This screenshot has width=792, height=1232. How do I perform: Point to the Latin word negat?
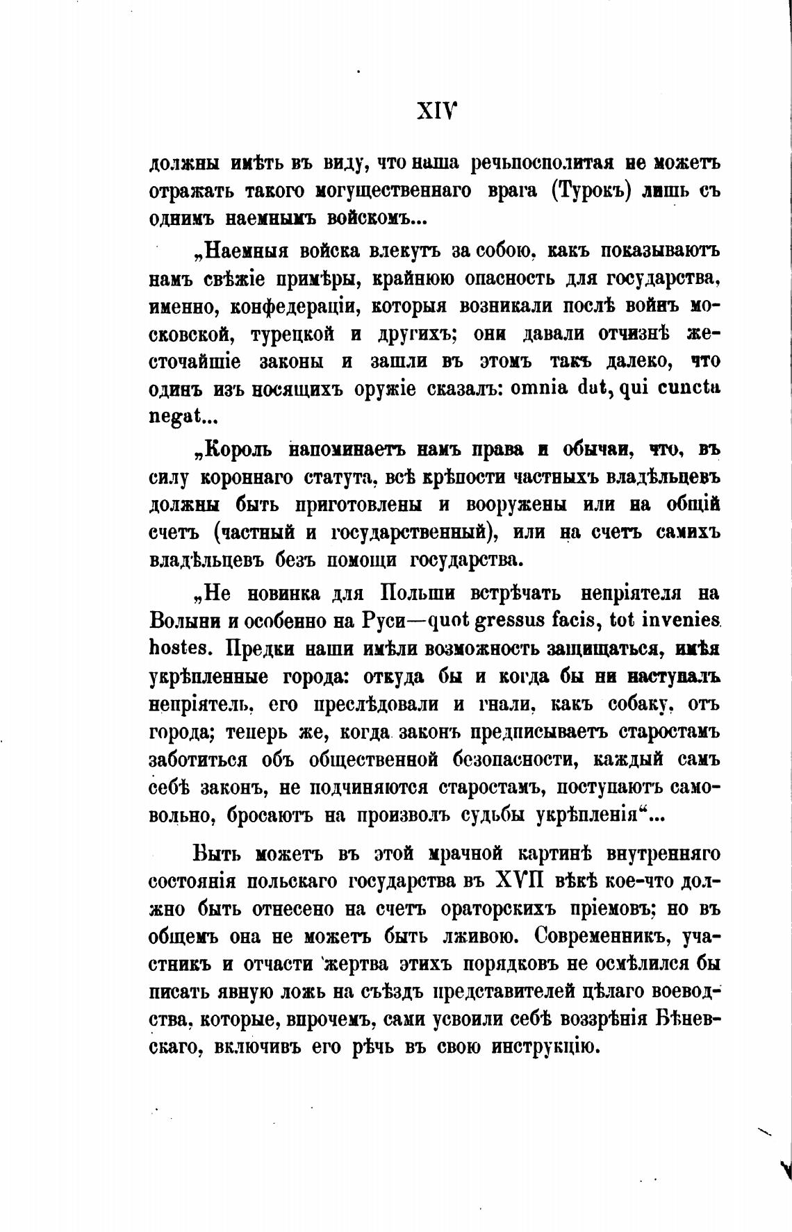click(174, 416)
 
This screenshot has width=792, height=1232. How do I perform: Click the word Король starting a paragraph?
click(236, 450)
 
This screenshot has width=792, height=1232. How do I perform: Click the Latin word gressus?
click(515, 621)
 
